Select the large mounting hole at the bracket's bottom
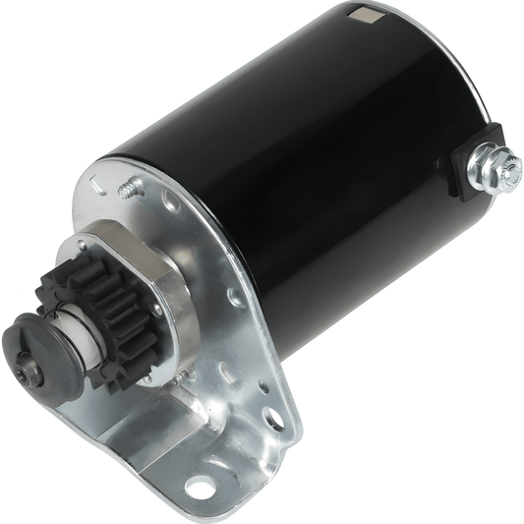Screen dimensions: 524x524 [x=201, y=486]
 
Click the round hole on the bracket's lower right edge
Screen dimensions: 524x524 [x=274, y=419]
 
